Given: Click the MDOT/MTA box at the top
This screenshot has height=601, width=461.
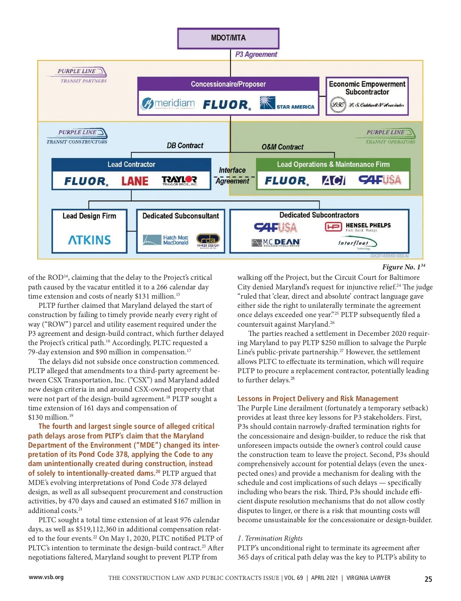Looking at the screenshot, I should pyautogui.click(x=228, y=38).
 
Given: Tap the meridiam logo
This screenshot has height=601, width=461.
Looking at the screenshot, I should pyautogui.click(x=168, y=103).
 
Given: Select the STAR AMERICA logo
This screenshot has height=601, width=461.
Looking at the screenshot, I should pyautogui.click(x=287, y=103).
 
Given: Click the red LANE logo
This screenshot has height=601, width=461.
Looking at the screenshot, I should pyautogui.click(x=135, y=181).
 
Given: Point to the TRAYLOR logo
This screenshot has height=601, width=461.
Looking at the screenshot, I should pyautogui.click(x=179, y=181).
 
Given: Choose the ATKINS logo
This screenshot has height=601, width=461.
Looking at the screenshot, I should pyautogui.click(x=90, y=240).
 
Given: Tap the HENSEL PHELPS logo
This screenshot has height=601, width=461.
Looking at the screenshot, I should pyautogui.click(x=358, y=227).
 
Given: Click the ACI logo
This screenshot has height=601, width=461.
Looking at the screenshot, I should pyautogui.click(x=333, y=180).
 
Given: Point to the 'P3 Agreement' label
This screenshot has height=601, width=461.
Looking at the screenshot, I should pyautogui.click(x=256, y=55).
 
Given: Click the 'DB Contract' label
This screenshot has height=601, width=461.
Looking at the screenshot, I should pyautogui.click(x=185, y=146).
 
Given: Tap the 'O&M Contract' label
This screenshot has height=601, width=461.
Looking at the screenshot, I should pyautogui.click(x=282, y=147).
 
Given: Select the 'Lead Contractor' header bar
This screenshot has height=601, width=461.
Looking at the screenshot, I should pyautogui.click(x=131, y=164).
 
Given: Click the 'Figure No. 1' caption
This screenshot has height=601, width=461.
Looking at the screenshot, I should pyautogui.click(x=403, y=267).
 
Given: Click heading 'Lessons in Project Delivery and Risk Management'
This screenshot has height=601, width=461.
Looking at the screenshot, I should pyautogui.click(x=318, y=398).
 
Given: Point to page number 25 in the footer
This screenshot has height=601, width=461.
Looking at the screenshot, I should pyautogui.click(x=428, y=579).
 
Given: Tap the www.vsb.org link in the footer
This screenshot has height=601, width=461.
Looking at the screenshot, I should pyautogui.click(x=46, y=577).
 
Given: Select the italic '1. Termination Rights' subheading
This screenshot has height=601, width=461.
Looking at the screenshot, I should pyautogui.click(x=270, y=538).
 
